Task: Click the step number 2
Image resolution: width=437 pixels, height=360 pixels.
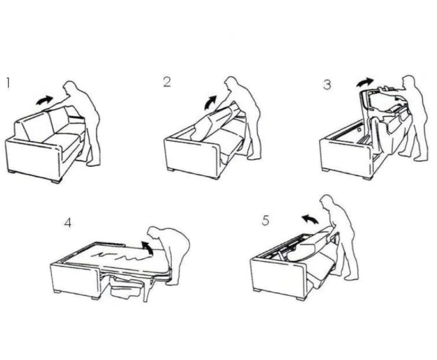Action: [x=167, y=82]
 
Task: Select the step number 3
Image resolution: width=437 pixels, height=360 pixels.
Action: [x=327, y=85]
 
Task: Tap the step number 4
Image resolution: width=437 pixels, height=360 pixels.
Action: [x=67, y=222]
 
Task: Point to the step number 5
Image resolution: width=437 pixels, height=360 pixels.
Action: [x=266, y=221]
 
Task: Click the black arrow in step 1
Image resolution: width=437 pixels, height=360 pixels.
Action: [x=44, y=101]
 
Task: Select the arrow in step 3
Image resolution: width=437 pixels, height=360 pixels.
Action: [x=365, y=82]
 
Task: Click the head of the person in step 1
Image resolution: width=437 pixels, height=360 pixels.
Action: [x=69, y=88]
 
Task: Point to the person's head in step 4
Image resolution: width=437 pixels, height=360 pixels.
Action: [x=154, y=232]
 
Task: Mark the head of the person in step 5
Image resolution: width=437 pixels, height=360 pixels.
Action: [x=327, y=202]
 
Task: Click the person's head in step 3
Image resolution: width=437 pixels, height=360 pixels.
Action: [x=409, y=82]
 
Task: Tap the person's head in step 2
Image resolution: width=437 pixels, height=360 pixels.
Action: [x=231, y=84]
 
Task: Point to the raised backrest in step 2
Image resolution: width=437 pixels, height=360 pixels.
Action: [x=214, y=122]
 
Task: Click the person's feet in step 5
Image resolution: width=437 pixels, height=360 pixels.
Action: [x=350, y=277]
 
